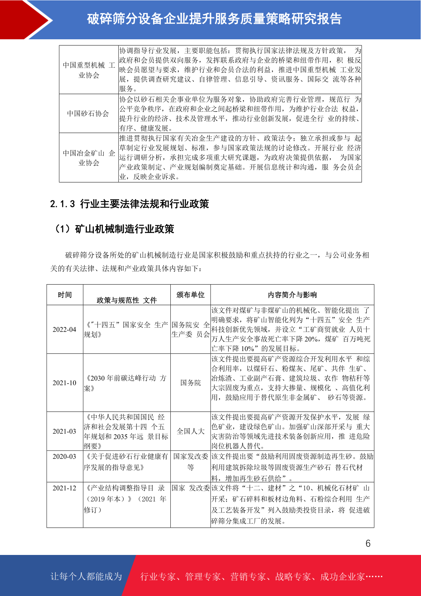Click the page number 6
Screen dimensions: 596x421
coord(368,543)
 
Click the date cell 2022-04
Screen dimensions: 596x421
coord(64,329)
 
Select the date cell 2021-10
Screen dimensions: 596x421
coord(64,383)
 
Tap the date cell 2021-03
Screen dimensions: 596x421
coord(64,431)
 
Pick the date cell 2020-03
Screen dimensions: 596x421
coord(64,457)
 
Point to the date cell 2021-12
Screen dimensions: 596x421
coord(64,488)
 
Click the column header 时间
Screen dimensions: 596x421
coord(65,295)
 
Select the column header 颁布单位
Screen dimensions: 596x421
coord(191,295)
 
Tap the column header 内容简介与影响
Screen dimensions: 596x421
coord(292,295)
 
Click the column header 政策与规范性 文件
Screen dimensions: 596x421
coord(127,300)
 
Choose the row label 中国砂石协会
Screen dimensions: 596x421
coord(88,114)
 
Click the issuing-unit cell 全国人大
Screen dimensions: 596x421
coord(191,431)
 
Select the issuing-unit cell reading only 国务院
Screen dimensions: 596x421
coord(191,383)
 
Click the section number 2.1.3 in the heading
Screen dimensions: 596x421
coord(63,204)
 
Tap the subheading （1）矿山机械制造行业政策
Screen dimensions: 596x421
coord(113,229)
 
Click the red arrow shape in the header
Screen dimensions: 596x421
coord(27,19)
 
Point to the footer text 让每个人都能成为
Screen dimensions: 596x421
coord(86,577)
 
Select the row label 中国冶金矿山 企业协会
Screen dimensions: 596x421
coord(89,158)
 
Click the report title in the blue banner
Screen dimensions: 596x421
coord(214,19)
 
